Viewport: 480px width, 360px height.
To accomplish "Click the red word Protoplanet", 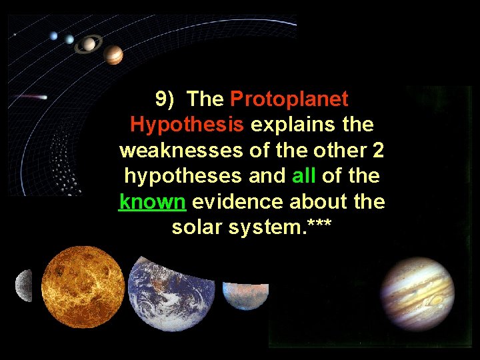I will [289, 99].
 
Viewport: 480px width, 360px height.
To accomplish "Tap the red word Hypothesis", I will [187, 125].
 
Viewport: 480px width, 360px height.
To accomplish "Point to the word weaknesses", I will [182, 150].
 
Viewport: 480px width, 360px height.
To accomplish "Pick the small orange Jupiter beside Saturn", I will [114, 55].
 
